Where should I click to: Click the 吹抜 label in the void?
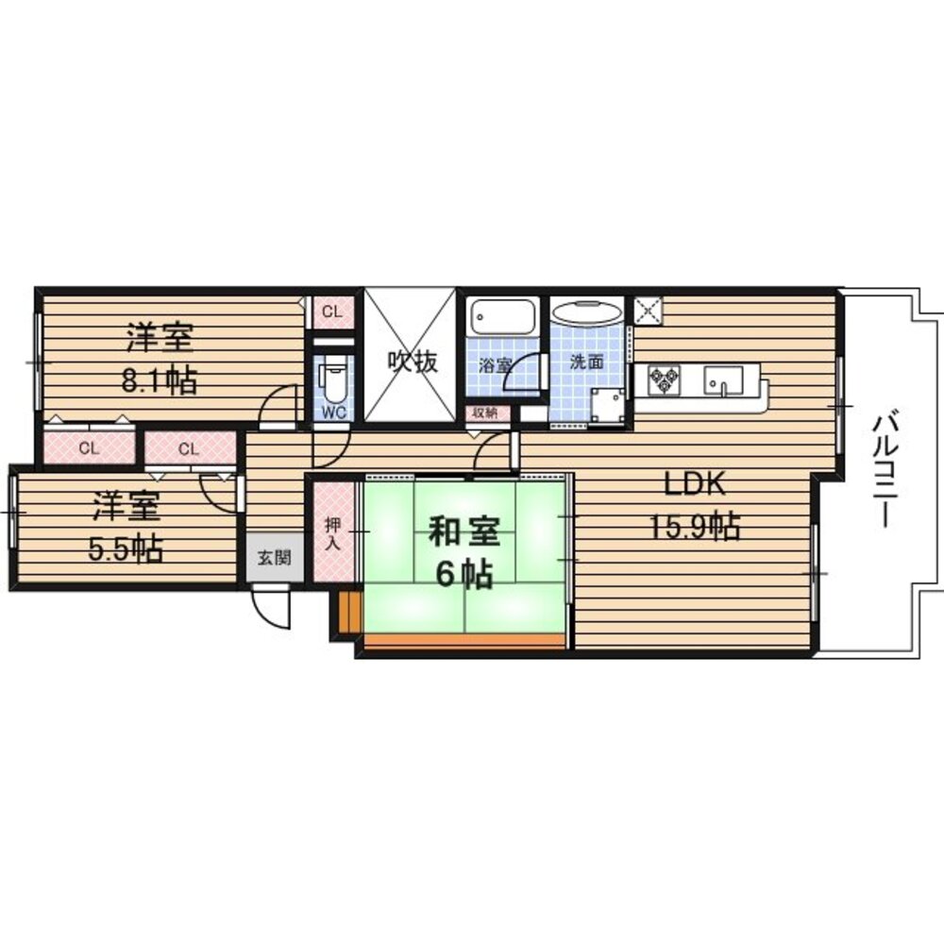coord(412,362)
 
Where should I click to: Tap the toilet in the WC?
coord(333,379)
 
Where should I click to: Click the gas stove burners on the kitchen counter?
coord(664,379)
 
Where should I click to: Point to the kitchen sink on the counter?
coord(722,379)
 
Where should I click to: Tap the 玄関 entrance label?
coord(274,558)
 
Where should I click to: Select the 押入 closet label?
coord(332,534)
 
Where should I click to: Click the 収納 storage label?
coord(485,413)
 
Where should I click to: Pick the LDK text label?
coord(694,483)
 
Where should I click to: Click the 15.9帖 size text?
coord(694,526)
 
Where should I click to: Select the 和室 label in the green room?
coord(464,532)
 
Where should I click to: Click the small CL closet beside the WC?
coord(332,312)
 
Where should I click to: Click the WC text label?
coord(333,413)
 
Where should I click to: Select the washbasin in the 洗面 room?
coord(585,314)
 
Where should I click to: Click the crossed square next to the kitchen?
coord(648,312)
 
